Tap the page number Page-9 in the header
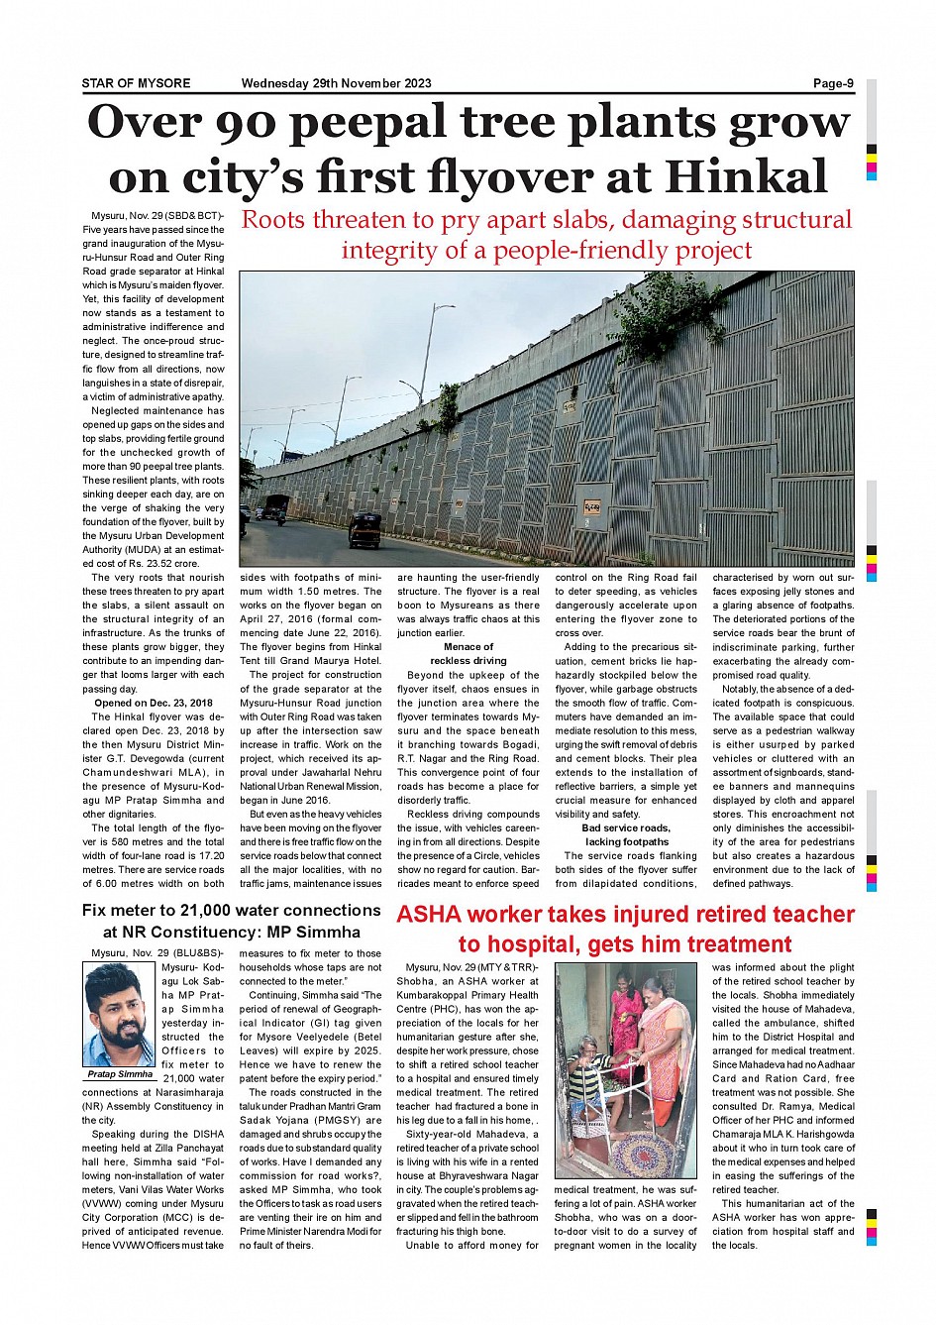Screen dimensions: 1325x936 833,83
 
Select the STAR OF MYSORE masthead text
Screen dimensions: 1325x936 136,83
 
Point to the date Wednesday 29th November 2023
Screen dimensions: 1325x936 336,83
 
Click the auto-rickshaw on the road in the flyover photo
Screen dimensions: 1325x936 365,529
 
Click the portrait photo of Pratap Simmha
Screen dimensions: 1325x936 120,1015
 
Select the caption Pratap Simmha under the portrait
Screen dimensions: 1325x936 120,1074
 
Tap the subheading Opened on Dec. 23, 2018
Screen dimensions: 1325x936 153,703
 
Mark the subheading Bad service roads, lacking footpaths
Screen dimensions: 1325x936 626,834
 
